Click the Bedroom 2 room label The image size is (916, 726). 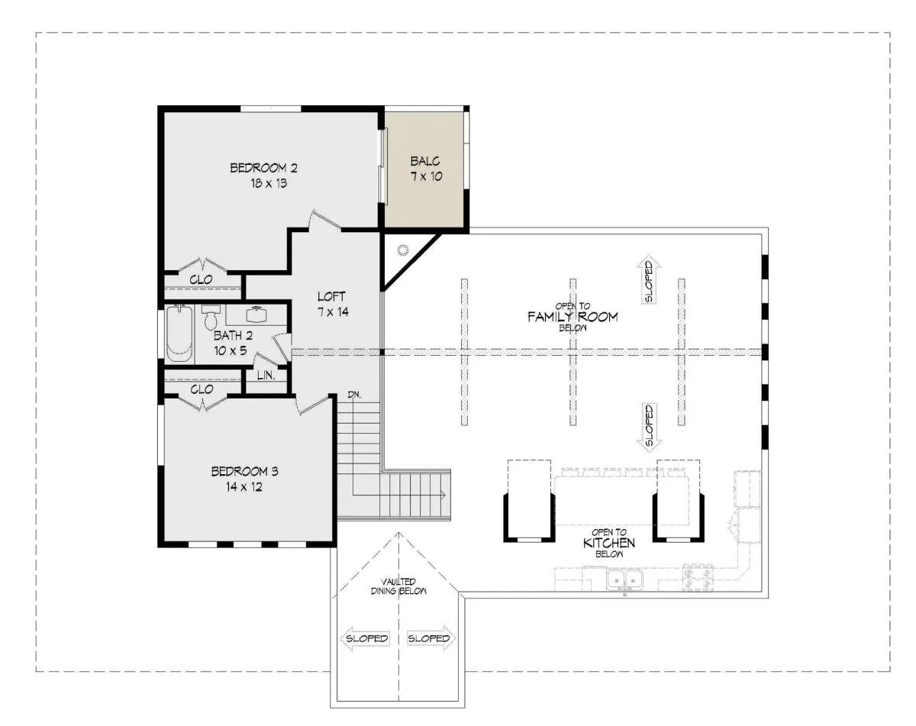[263, 168]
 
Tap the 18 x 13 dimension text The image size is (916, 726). [269, 183]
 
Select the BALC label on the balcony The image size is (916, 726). [425, 161]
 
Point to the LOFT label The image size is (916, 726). [331, 296]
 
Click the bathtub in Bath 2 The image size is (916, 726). [179, 334]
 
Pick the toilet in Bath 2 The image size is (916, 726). [210, 318]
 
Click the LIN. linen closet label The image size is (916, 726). [266, 376]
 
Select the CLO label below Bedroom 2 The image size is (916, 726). [201, 279]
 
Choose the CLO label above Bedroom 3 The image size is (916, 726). [202, 389]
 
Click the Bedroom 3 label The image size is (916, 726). [245, 471]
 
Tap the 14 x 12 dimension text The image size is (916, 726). [244, 487]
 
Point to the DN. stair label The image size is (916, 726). [354, 395]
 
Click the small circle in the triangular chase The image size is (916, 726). [403, 250]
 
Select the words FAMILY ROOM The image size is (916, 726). [572, 317]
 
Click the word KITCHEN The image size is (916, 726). [608, 543]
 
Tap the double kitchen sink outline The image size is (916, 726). [624, 579]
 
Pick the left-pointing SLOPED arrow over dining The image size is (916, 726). [366, 638]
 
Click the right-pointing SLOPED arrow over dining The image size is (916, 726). [431, 638]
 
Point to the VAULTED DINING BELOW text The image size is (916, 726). [398, 586]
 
